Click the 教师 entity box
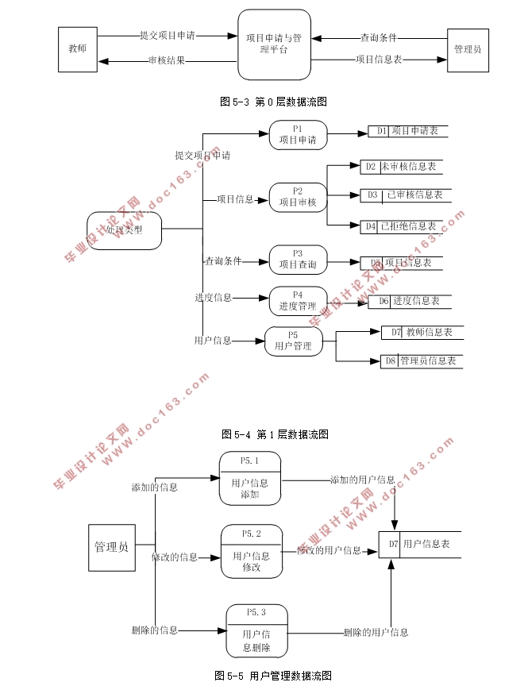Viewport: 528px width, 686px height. point(78,49)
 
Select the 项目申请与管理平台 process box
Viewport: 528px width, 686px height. point(274,44)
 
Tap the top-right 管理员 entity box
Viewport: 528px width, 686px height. point(468,49)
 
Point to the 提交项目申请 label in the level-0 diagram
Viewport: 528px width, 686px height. point(167,36)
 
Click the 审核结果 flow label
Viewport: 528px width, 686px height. point(166,60)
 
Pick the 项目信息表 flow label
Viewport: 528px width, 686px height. point(379,59)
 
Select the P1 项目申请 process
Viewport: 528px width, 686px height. point(298,135)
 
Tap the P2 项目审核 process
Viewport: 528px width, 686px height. point(298,197)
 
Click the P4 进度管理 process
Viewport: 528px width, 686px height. point(298,301)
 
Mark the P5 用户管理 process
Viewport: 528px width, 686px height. point(293,341)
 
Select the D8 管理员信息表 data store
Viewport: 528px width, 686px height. point(421,361)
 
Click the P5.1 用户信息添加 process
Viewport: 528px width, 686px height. point(250,478)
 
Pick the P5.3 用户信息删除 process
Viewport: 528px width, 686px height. point(256,630)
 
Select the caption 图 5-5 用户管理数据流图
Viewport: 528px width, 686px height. point(272,676)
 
